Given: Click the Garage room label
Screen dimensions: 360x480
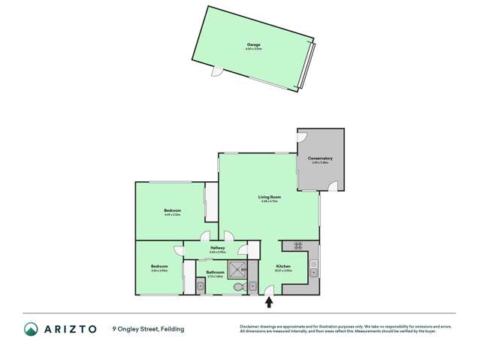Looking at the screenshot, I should (253, 45).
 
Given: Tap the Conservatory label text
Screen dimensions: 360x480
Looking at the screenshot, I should (320, 159).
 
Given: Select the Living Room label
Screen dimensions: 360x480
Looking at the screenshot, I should (270, 197).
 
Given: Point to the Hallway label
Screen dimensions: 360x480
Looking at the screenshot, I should (218, 247).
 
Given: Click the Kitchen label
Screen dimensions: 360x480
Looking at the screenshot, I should (282, 266).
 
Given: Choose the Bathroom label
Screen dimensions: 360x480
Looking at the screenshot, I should (215, 274).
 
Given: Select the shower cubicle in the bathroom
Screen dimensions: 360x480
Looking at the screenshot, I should (239, 269).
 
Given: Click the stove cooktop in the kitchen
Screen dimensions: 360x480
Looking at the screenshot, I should (297, 245).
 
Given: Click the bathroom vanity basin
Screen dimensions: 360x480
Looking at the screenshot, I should (200, 285).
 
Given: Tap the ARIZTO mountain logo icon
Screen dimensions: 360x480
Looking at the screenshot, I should (32, 329).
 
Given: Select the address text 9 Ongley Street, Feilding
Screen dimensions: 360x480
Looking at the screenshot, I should (148, 329).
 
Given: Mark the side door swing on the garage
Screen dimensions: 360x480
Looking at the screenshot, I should (217, 72).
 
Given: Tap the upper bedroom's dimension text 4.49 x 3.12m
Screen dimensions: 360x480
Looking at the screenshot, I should (172, 215).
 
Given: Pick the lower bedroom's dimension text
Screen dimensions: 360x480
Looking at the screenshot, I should (158, 271).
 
